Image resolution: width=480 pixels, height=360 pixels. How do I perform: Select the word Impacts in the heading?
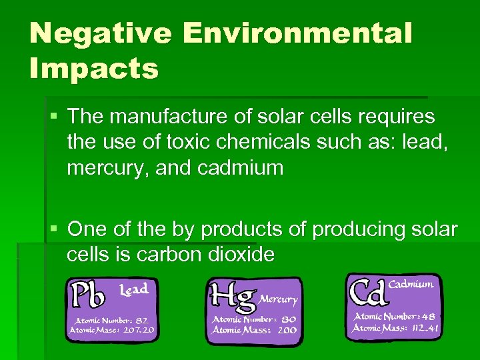94,68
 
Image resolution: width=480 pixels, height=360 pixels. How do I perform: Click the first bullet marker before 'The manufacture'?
53,117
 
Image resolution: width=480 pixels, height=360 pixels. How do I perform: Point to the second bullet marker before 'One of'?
53,230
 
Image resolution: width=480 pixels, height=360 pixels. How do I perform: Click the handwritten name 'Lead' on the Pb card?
133,289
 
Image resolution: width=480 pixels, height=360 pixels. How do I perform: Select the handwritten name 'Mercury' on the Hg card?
279,299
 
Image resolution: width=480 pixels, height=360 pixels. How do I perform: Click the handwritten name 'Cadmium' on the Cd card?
411,284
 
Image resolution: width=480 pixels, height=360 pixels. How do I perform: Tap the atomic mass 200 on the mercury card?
287,330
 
